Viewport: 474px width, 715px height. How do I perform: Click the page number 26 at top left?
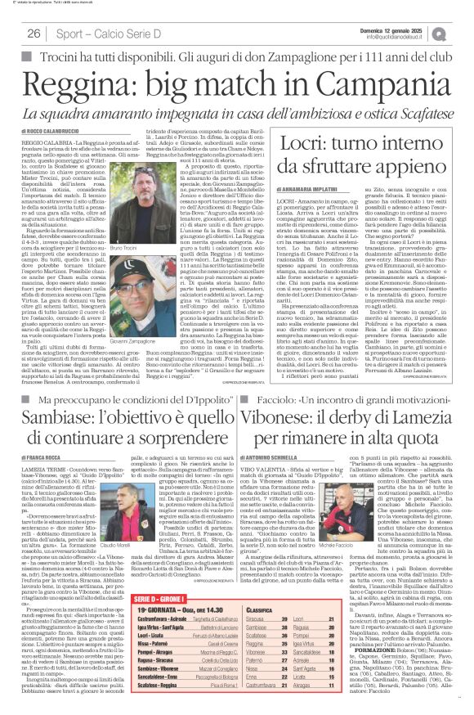pos(34,33)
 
